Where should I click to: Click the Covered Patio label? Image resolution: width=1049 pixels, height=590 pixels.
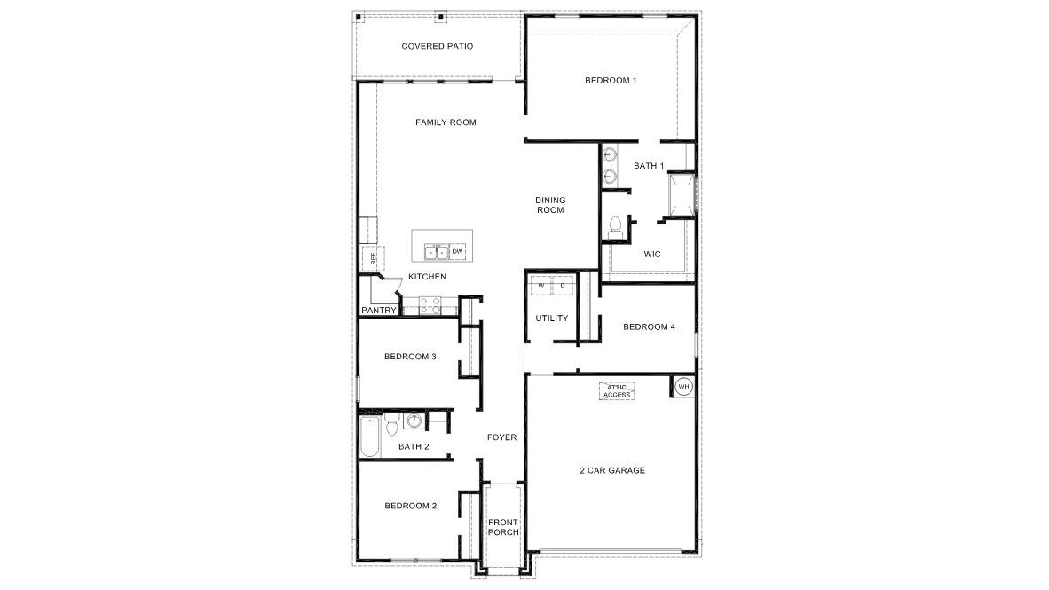click(x=436, y=46)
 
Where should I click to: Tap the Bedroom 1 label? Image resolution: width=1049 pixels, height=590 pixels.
click(x=611, y=81)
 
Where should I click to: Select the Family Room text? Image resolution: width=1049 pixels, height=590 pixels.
click(x=446, y=122)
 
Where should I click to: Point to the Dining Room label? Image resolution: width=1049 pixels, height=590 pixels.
click(x=550, y=205)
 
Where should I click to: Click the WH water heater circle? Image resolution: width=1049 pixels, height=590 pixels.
click(x=683, y=387)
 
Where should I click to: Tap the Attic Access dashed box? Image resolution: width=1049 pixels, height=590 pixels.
click(x=618, y=391)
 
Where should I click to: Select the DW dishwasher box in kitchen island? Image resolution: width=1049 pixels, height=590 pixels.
click(x=458, y=252)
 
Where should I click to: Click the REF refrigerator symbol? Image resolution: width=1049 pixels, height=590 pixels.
click(x=373, y=259)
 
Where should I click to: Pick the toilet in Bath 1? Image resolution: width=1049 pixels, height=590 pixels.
click(x=614, y=228)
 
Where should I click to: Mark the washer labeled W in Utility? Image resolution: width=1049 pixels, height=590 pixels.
click(x=540, y=287)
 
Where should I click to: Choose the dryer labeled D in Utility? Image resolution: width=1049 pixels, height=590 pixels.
click(x=563, y=287)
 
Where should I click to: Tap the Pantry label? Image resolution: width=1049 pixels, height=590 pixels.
click(x=378, y=311)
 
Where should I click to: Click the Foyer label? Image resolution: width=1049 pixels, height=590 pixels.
click(x=501, y=437)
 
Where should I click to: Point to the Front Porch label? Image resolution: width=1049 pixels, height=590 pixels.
click(x=503, y=527)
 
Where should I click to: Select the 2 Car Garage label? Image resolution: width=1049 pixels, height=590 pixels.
click(x=613, y=470)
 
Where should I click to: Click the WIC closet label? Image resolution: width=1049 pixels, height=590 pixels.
click(x=651, y=254)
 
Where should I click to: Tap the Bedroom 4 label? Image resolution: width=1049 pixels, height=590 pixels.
click(x=649, y=326)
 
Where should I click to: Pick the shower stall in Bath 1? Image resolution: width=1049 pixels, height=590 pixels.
click(x=681, y=194)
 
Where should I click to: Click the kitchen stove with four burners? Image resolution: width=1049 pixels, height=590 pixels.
click(x=430, y=305)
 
